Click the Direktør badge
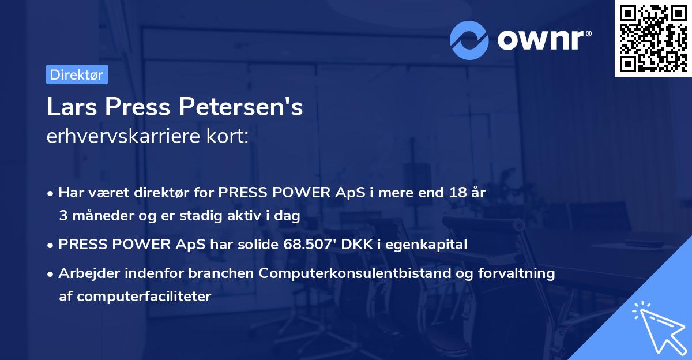click(x=77, y=74)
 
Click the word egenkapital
click(x=426, y=244)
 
